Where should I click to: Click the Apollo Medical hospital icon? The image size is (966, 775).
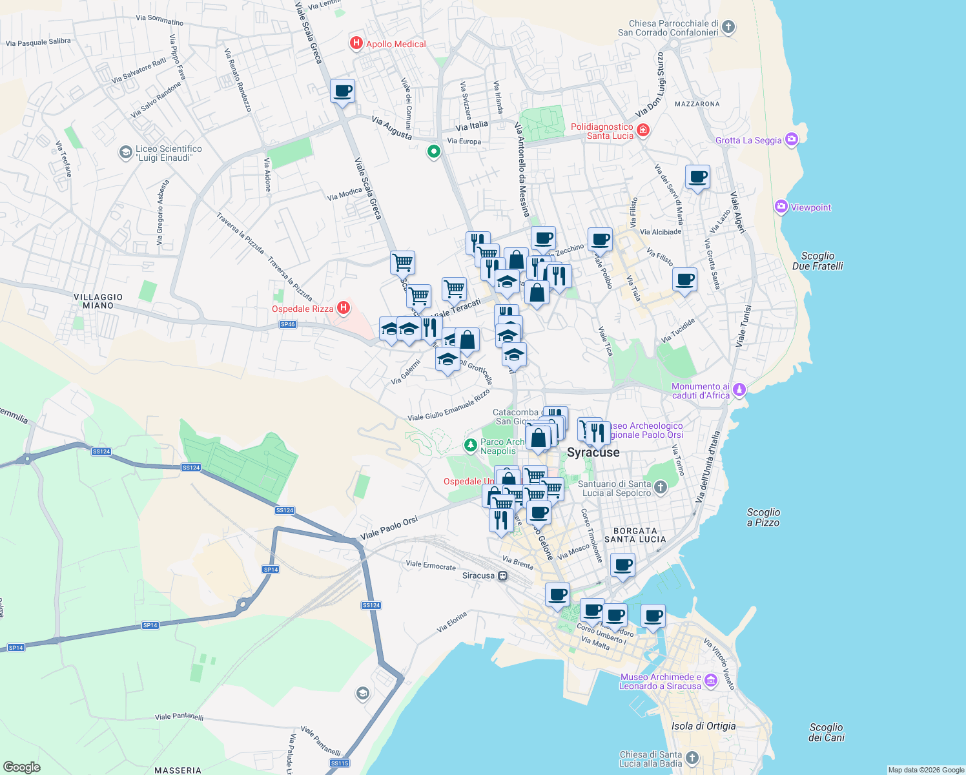356,43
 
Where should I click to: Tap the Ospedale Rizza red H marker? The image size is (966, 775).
344,308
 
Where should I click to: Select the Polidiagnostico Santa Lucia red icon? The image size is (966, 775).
642,131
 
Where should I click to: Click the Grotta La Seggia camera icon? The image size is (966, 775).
792,139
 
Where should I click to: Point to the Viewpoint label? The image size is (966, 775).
811,207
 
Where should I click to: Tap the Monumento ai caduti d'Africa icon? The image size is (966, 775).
739,389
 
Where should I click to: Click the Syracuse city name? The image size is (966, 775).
593,452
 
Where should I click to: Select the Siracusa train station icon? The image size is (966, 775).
503,575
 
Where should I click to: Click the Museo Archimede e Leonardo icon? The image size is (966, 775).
711,680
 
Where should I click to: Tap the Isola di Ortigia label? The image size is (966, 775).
703,726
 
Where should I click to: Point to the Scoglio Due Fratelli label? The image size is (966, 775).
817,261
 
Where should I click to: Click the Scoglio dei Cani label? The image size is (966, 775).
826,732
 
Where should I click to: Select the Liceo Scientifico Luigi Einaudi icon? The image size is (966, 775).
125,152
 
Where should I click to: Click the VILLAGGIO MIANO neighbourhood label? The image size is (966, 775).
98,301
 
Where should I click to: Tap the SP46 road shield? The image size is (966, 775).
288,324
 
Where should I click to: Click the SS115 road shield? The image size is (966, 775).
340,763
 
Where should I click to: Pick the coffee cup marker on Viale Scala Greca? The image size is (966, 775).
342,91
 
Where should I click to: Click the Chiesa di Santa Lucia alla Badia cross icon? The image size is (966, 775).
692,758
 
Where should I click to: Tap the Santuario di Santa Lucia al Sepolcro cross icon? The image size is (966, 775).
660,487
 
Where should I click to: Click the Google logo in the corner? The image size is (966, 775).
22,767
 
